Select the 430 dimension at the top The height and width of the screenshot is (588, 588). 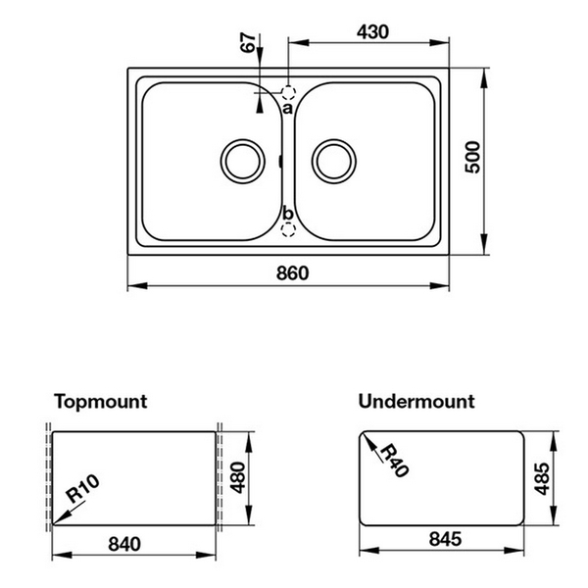coord(370,31)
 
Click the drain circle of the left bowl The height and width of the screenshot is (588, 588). coord(241,159)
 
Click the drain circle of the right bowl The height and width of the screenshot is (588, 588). coord(333,159)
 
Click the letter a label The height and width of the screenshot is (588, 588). coord(287,108)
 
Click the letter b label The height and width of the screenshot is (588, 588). coord(287,214)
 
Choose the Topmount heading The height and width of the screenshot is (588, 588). coord(101,401)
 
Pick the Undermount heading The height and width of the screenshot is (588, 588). coord(416,401)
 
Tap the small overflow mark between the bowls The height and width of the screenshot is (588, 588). coord(280,160)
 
